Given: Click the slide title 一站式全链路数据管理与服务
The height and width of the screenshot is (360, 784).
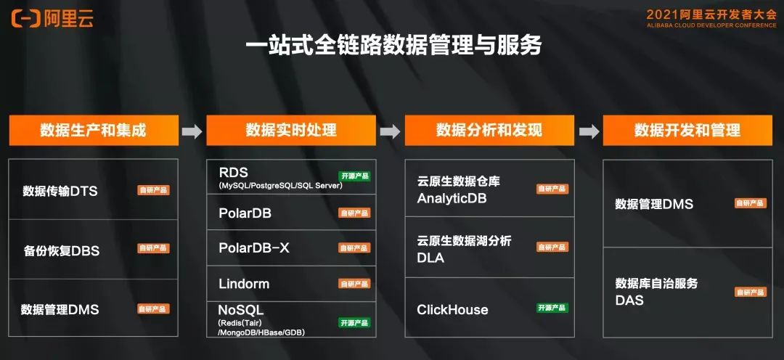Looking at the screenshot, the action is (x=393, y=46).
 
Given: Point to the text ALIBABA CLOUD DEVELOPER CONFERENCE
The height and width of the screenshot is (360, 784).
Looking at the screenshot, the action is (x=711, y=25).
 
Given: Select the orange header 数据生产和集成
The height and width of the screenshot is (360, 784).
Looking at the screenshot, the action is (x=93, y=131).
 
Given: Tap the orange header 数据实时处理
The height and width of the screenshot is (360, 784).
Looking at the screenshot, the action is (x=291, y=131).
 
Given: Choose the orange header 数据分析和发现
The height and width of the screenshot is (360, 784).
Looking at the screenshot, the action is (x=489, y=131).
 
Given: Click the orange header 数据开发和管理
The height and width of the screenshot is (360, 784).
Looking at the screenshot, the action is (x=687, y=131).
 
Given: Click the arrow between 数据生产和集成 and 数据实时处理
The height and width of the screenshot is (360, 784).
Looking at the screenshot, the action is (x=192, y=131).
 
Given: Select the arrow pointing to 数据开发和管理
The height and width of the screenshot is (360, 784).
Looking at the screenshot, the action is (x=589, y=131).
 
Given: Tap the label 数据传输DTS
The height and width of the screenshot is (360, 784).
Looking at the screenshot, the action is (x=60, y=192).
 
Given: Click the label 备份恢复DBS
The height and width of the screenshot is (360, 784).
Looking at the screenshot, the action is (x=61, y=251).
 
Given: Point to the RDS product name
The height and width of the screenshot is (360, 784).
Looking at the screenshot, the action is (x=233, y=173).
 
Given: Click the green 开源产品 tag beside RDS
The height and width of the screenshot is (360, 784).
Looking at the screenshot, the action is (x=354, y=176).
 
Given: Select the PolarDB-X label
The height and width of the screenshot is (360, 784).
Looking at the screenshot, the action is (x=254, y=247).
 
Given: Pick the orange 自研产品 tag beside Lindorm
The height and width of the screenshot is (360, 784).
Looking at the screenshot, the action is (x=354, y=284).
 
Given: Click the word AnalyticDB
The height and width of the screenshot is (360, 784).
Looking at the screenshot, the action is (x=452, y=198).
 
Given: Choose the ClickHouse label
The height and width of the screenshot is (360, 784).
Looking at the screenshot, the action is (x=452, y=310).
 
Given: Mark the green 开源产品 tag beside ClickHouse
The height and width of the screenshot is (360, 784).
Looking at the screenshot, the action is (x=552, y=308).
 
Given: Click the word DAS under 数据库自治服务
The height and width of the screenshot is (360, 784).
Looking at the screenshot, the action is (x=629, y=300).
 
